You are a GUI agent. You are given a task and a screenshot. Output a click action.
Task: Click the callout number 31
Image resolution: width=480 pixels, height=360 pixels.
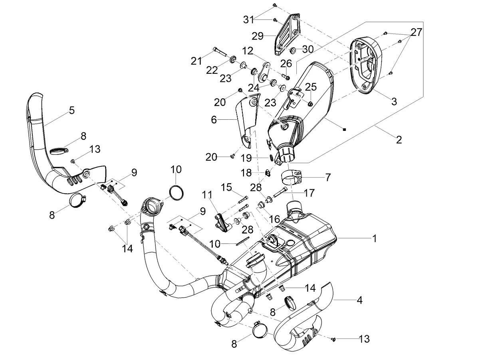click(x=249, y=20)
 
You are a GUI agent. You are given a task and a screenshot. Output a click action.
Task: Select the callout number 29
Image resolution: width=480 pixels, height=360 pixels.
click(x=258, y=36)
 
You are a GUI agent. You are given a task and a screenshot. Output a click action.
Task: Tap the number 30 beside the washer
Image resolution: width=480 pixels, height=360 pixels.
click(x=308, y=49)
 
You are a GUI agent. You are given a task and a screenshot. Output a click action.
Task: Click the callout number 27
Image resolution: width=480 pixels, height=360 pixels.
click(x=416, y=32)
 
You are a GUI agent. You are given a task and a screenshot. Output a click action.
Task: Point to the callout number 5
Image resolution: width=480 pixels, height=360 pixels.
click(x=72, y=110)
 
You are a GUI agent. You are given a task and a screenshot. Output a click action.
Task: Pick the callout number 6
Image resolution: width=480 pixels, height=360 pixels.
click(x=214, y=120)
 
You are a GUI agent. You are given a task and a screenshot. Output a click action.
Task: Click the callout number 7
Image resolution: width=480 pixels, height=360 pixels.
click(x=328, y=177)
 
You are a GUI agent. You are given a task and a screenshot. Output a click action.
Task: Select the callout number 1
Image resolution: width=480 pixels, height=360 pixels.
click(x=375, y=238)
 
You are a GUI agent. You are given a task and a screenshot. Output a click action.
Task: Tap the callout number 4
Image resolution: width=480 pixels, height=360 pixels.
click(x=359, y=300)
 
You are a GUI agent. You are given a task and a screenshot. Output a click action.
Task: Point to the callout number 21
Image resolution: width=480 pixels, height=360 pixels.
click(x=196, y=61)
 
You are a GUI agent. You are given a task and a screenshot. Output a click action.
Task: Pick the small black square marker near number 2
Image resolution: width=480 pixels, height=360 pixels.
click(x=344, y=130)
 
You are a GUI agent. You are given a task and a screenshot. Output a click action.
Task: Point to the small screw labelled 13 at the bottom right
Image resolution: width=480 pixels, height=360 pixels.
click(x=333, y=339)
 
